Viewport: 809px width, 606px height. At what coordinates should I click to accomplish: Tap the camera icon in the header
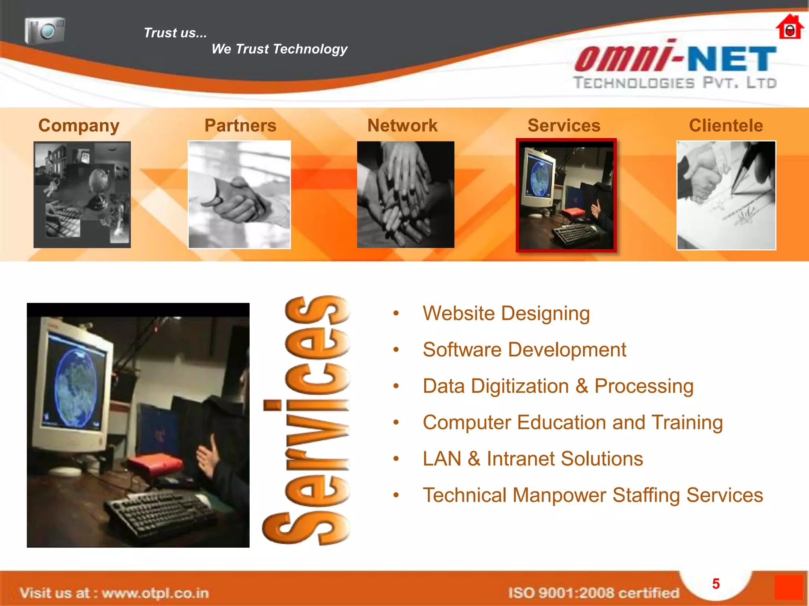(x=45, y=30)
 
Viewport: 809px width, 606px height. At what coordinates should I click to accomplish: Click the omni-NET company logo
(x=675, y=65)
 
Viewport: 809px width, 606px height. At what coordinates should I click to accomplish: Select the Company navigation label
(x=79, y=125)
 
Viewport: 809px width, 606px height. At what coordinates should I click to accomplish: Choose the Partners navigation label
(x=240, y=125)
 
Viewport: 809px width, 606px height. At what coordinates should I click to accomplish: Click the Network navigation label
(x=402, y=125)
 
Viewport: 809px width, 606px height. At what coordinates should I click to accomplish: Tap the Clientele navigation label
(x=726, y=125)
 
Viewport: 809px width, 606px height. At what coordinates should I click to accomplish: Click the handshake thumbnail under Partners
(x=239, y=195)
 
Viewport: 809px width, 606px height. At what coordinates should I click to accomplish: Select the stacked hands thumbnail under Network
(x=405, y=195)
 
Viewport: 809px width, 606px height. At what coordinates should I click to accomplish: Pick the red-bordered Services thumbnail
(x=566, y=195)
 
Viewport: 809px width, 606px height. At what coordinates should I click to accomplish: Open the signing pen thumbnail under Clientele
(x=726, y=195)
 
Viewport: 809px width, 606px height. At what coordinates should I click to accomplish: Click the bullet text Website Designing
(x=506, y=314)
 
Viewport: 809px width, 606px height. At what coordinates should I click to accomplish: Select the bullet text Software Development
(x=524, y=350)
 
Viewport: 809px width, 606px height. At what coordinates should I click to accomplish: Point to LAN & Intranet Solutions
(x=532, y=459)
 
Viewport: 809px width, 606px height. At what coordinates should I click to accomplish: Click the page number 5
(x=716, y=584)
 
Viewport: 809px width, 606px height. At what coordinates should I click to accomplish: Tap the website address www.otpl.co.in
(x=155, y=593)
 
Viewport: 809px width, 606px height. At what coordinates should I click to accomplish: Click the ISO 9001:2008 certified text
(x=593, y=593)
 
